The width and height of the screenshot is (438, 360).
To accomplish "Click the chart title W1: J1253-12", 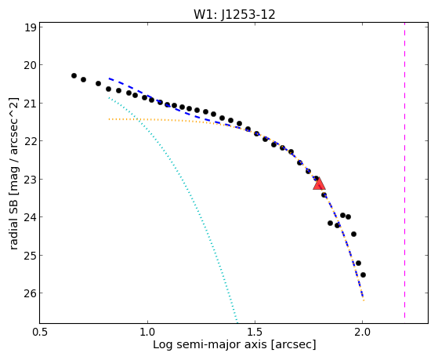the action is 234,15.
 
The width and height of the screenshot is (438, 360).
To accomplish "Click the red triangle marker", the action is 319,184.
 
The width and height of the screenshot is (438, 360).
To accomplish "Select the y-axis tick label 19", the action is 31,27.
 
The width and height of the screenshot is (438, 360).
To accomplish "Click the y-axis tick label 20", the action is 31,65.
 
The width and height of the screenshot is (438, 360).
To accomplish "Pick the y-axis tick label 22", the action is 31,141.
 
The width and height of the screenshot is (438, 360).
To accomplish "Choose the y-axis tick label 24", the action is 31,217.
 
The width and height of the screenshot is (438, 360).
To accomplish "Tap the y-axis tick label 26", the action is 31,293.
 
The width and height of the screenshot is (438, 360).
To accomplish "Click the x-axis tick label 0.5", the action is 40,332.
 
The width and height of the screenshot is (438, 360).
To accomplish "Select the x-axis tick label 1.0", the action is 147,332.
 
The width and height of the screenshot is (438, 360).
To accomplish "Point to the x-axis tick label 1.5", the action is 255,332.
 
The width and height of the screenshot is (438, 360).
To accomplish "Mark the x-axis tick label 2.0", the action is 362,332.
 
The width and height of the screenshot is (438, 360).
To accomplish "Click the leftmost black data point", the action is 74,76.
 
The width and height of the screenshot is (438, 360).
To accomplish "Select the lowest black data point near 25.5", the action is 363,275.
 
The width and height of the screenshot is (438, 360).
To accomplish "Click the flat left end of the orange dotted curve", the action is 110,119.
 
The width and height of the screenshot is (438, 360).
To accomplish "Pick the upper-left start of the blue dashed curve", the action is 110,78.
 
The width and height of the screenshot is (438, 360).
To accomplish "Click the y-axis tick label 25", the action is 31,256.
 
